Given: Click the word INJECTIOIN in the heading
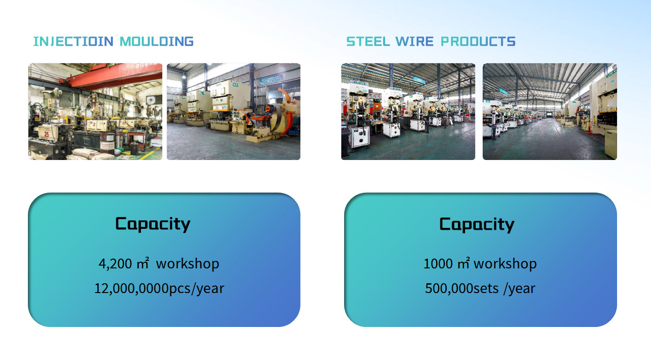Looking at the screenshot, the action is (73, 41).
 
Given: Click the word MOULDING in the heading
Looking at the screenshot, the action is (157, 41).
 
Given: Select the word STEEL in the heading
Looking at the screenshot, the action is (368, 41).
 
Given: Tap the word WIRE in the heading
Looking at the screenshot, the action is (414, 41).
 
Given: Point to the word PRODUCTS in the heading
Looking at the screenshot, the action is (478, 41).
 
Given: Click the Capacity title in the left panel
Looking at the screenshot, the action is (153, 224).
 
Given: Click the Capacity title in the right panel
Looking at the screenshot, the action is (477, 225).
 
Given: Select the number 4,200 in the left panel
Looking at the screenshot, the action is (115, 264).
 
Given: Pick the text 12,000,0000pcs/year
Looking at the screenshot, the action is (159, 289).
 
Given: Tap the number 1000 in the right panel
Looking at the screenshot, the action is (438, 264).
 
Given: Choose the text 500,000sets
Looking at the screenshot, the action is (461, 288).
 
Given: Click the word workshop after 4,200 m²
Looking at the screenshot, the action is (187, 264).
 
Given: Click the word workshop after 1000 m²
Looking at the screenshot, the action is (505, 264).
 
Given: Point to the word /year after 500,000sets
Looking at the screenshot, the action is (519, 289).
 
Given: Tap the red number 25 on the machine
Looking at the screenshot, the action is (46, 134).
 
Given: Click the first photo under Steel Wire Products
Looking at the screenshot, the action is (408, 111).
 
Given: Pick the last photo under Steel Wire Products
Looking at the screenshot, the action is (550, 111).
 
